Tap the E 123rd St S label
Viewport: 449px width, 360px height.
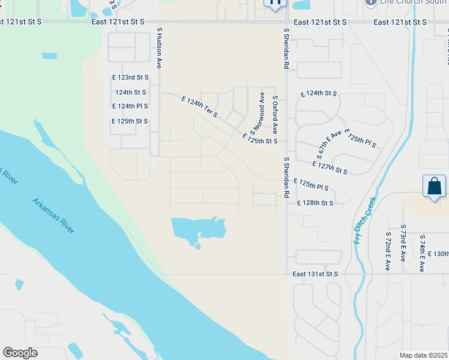130,77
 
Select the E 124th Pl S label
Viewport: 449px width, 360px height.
130,106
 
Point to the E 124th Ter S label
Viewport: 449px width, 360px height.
199,106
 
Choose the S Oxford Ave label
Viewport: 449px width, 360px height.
275,114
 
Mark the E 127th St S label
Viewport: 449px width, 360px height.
330,167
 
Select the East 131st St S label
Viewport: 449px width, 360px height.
316,274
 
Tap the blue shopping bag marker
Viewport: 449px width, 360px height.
434,187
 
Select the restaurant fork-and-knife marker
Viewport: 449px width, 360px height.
276,4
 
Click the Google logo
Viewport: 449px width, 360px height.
20,353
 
